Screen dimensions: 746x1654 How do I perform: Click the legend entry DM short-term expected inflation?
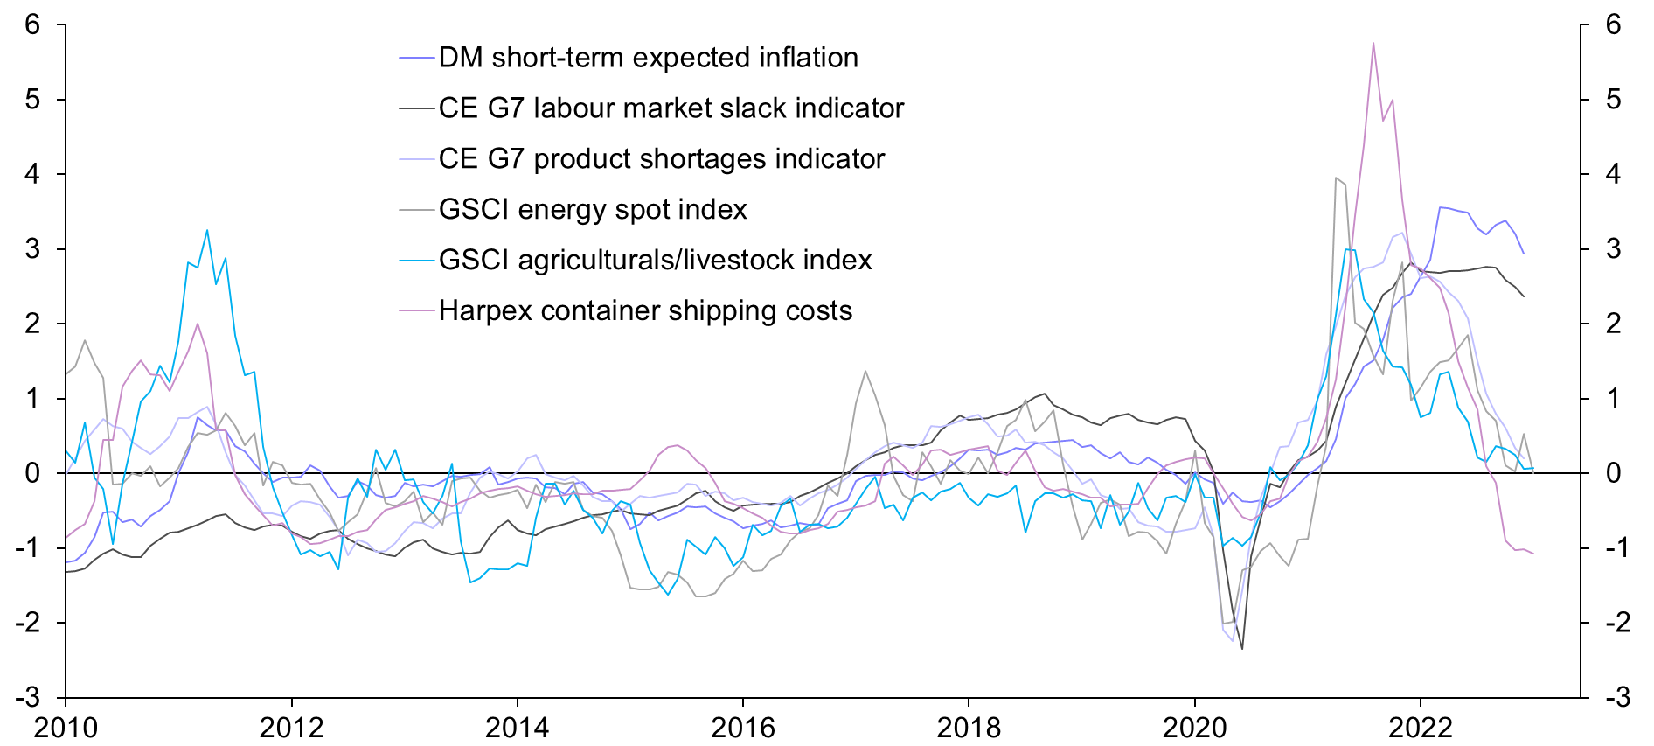coord(648,58)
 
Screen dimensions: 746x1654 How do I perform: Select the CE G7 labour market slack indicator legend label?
coord(671,108)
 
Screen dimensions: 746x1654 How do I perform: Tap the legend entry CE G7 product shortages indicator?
coord(661,159)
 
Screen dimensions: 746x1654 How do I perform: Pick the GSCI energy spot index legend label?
coord(593,210)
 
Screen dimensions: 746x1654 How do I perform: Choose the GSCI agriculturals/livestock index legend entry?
coord(655,261)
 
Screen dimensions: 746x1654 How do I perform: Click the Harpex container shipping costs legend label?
coord(645,311)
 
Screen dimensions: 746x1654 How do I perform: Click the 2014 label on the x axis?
coord(517,728)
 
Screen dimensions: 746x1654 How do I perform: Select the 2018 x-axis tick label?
coord(969,728)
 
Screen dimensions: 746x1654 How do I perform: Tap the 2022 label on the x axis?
coord(1420,728)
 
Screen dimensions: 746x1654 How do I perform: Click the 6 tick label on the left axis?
coord(33,24)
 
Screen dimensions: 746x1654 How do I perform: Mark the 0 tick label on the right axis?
coord(1613,473)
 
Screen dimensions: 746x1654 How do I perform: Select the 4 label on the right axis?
coord(1613,174)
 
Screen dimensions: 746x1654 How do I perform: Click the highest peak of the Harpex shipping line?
coord(1373,42)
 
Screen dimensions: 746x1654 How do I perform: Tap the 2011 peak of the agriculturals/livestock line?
coord(207,230)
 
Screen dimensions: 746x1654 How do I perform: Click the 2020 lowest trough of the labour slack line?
coord(1242,649)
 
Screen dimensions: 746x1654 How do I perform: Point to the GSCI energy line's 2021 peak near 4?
coord(1336,178)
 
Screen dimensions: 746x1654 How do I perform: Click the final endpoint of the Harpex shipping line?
coord(1533,554)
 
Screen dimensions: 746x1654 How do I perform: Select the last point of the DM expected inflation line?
coord(1524,254)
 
